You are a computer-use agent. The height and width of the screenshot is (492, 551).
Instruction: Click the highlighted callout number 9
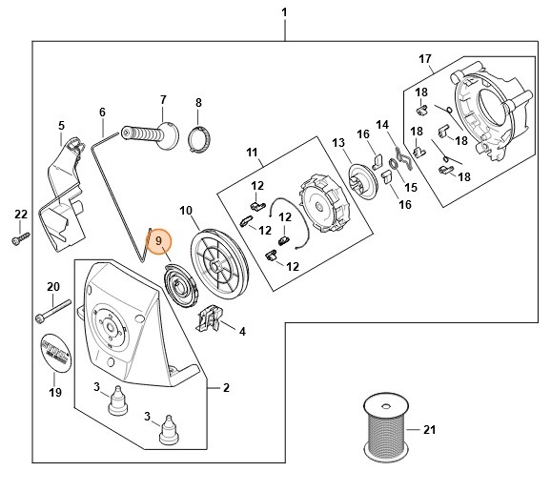[159, 242]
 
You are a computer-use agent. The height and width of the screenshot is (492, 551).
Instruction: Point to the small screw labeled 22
[16, 241]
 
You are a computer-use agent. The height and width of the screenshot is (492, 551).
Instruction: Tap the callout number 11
[252, 153]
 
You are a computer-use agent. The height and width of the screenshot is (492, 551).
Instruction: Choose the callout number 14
[382, 124]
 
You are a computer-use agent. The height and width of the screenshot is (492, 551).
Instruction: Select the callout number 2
[226, 387]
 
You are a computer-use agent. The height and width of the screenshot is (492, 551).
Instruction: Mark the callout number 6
[102, 113]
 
